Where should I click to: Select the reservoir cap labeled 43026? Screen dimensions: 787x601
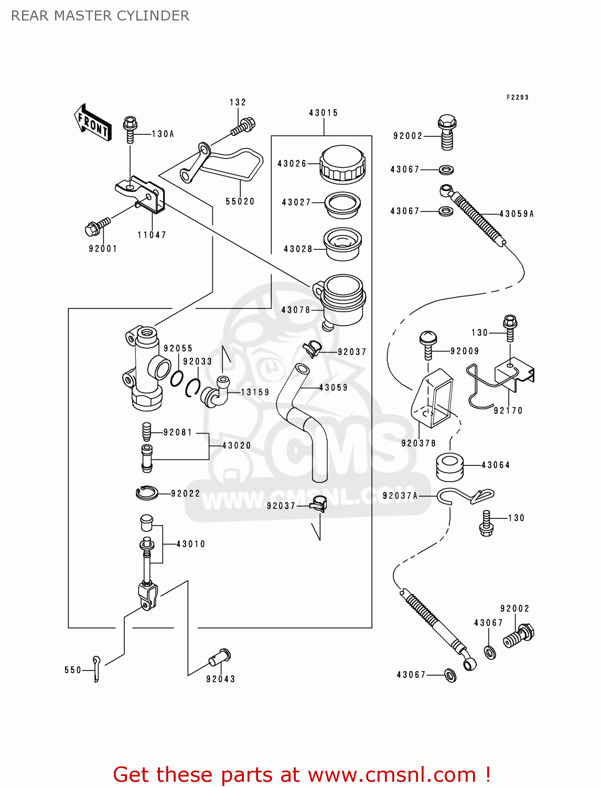click(342, 164)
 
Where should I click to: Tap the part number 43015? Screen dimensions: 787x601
click(323, 113)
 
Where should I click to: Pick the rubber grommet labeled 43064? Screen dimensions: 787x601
click(449, 466)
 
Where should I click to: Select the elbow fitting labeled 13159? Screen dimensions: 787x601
click(216, 392)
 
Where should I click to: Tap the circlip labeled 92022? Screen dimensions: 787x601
click(147, 493)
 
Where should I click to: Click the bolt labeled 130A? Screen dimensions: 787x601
click(130, 129)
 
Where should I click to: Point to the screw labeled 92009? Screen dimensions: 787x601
click(428, 344)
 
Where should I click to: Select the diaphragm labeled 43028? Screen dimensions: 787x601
click(342, 244)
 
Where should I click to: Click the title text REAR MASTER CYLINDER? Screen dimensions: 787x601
click(100, 16)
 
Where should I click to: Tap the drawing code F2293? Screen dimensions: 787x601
click(517, 97)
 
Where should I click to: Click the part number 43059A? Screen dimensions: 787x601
click(516, 214)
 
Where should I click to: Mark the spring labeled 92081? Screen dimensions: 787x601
click(147, 432)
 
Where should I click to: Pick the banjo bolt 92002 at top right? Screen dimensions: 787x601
click(447, 132)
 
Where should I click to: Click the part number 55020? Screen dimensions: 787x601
click(240, 201)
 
